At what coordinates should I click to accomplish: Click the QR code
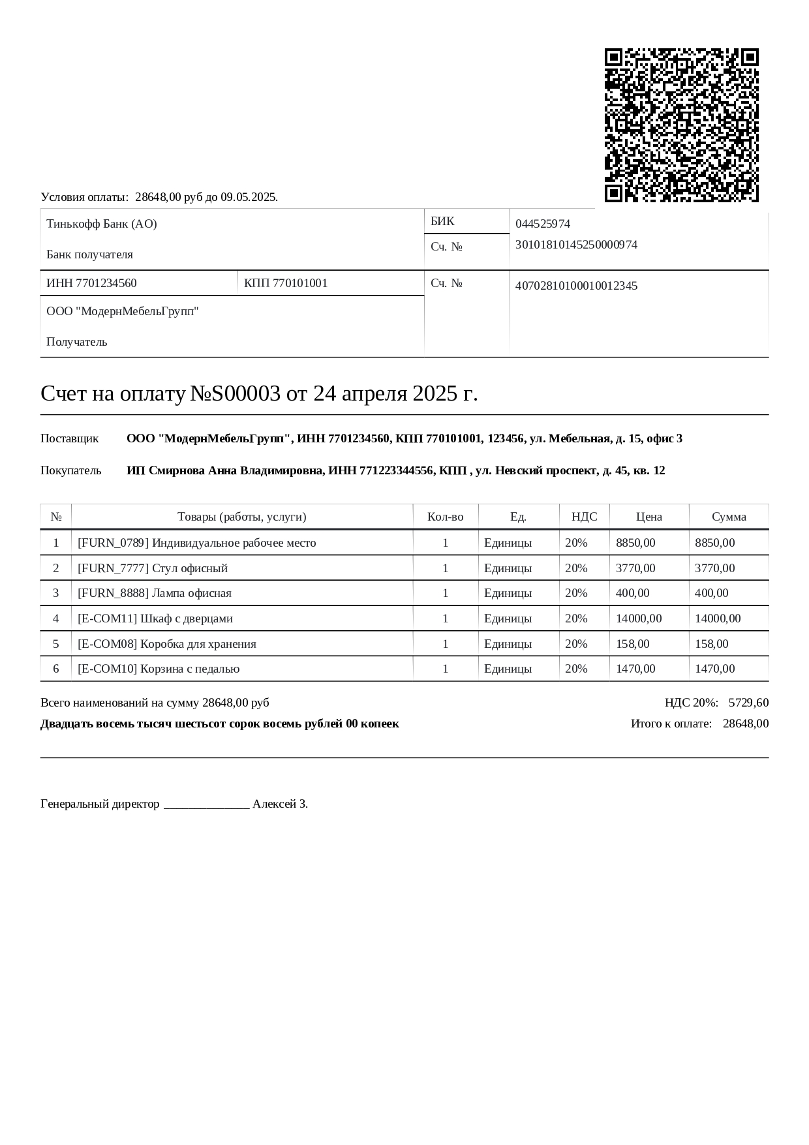tap(681, 125)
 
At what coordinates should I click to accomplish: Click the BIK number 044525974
tap(543, 224)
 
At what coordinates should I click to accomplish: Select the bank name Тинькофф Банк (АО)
tap(102, 224)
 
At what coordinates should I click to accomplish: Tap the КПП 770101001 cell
tap(286, 283)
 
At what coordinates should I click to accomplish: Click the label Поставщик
tap(70, 438)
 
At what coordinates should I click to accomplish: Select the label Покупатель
tap(71, 470)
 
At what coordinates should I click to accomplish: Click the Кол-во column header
tap(446, 517)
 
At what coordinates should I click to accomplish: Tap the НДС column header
tap(584, 517)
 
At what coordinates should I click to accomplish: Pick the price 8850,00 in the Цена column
tap(635, 543)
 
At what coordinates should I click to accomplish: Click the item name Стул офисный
tap(190, 568)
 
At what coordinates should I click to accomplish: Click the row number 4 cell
tap(56, 618)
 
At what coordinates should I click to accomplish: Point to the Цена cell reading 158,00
tap(633, 644)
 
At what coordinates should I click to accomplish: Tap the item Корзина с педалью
tap(190, 669)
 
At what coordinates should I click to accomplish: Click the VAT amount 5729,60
tap(748, 703)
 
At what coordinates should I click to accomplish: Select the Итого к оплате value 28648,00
tap(746, 724)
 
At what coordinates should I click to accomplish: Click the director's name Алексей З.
tap(280, 804)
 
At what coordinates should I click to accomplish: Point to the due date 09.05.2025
tap(249, 197)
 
